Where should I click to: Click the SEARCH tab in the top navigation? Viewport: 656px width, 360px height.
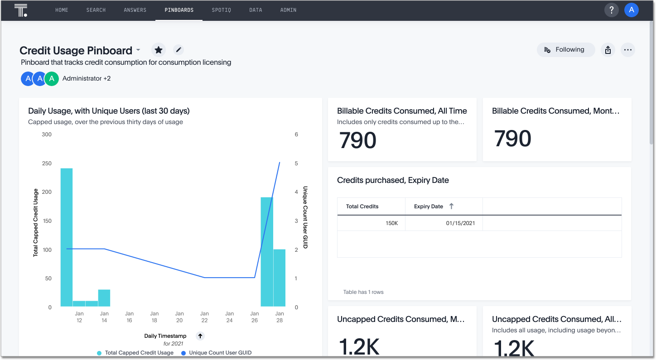point(96,10)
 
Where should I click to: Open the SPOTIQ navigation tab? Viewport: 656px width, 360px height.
point(221,10)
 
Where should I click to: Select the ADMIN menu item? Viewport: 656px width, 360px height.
point(288,10)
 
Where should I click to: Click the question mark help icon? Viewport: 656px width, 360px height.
point(611,10)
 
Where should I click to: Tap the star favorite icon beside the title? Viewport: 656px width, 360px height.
point(158,50)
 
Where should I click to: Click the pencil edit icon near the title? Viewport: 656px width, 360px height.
point(178,50)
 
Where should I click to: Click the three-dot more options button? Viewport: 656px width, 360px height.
point(627,50)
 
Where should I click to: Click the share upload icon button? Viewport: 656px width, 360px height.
point(608,50)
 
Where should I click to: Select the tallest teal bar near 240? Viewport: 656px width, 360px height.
point(67,235)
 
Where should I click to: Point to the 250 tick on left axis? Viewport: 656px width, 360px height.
point(47,163)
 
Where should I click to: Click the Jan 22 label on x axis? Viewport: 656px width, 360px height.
point(204,317)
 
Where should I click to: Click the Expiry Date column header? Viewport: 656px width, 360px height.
point(429,206)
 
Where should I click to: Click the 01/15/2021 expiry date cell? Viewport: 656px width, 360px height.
point(460,223)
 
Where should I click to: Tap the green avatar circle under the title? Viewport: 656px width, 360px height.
point(52,79)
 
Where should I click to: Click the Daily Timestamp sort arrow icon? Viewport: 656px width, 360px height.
point(200,336)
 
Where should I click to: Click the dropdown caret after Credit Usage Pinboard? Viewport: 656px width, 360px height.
point(138,50)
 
